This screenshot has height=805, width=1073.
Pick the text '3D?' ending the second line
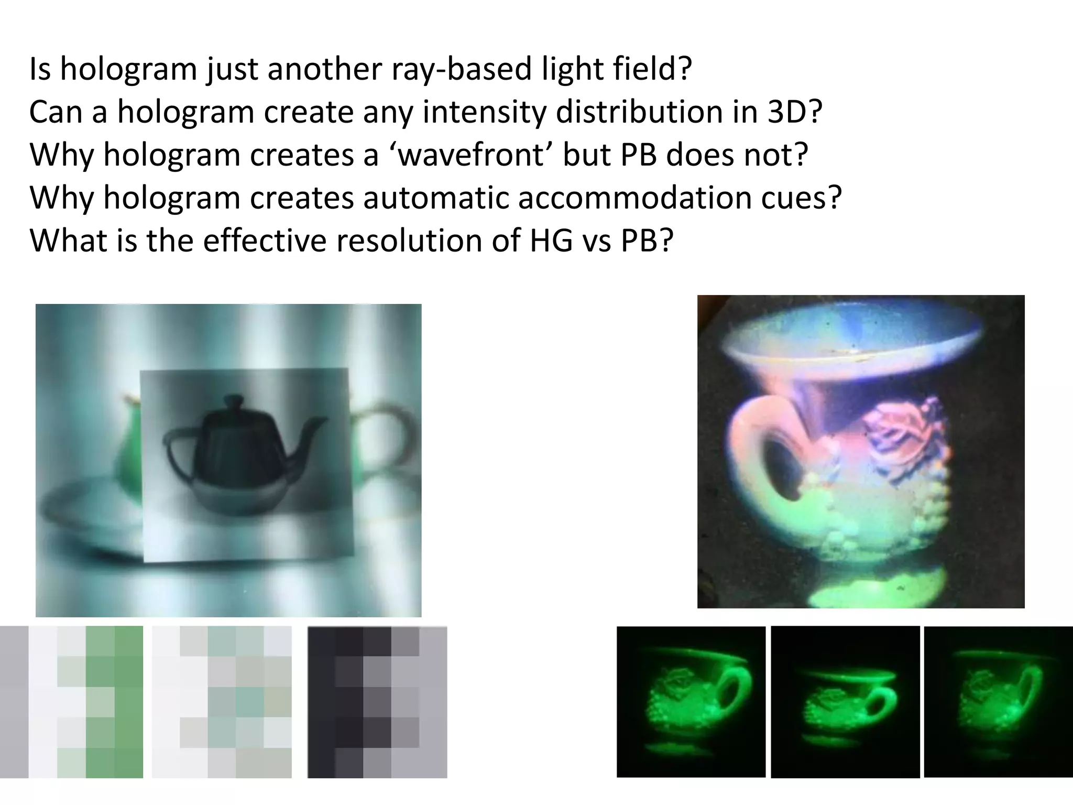pos(795,112)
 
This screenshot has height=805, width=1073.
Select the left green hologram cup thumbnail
pos(691,701)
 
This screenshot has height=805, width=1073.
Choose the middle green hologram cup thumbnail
pos(845,701)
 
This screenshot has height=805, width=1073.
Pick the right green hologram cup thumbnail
pos(998,701)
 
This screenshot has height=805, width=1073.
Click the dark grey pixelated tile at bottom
pos(377,701)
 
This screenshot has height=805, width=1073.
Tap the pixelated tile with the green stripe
pos(72,701)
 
